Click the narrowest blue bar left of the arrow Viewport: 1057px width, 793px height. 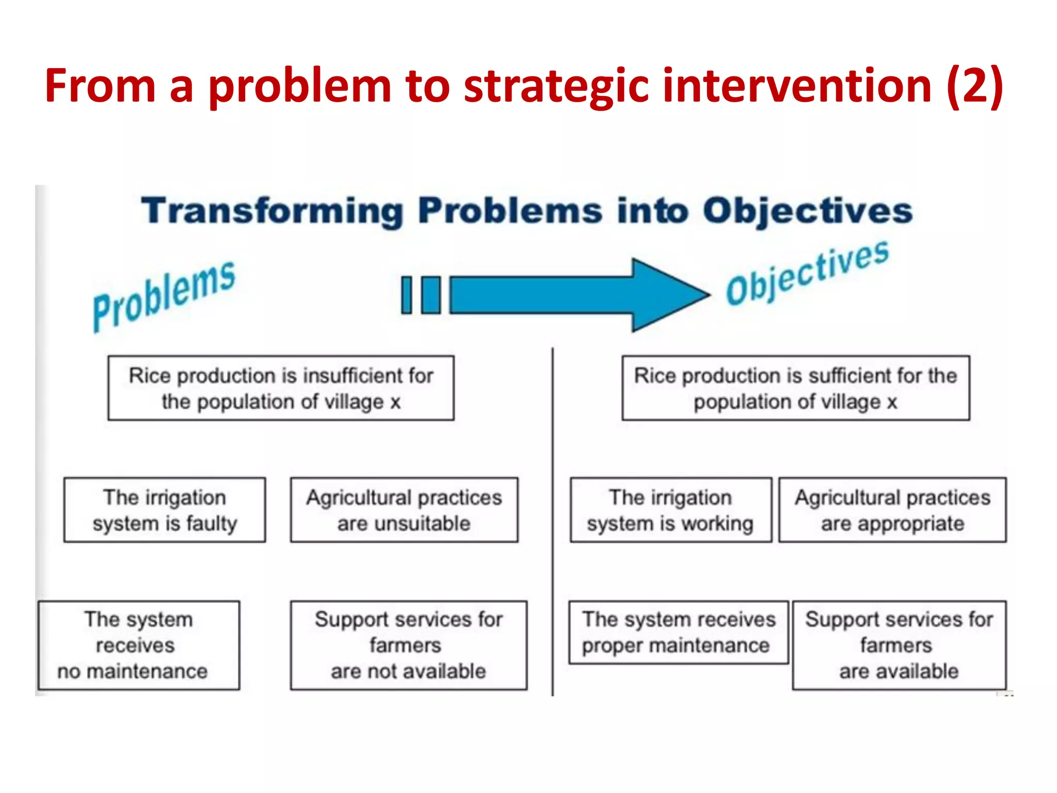tap(407, 295)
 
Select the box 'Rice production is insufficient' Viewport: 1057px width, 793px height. tap(281, 388)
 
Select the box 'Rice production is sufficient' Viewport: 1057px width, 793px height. tap(795, 388)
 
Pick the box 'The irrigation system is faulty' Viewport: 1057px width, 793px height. tap(165, 510)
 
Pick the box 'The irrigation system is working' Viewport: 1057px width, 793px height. tap(670, 510)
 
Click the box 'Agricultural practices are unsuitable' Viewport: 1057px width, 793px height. tap(404, 510)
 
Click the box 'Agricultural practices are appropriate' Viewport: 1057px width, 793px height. tap(892, 510)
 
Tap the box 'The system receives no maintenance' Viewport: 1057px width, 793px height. tap(139, 645)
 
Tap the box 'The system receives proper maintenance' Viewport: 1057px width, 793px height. tap(678, 632)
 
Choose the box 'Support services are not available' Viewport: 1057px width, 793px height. tap(408, 645)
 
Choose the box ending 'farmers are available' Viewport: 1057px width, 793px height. tap(899, 645)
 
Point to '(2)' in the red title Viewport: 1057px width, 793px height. tap(975, 86)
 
